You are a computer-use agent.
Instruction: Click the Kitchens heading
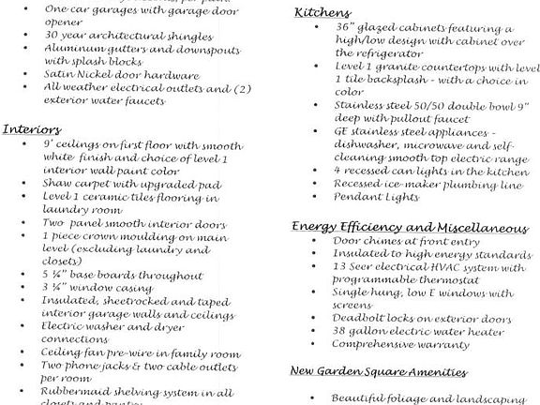pyautogui.click(x=322, y=12)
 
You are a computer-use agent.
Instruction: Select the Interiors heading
pyautogui.click(x=32, y=128)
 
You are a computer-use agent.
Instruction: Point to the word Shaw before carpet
pyautogui.click(x=58, y=185)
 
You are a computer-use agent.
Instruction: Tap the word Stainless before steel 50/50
pyautogui.click(x=361, y=106)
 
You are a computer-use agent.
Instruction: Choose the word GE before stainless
pyautogui.click(x=342, y=133)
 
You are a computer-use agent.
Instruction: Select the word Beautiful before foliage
pyautogui.click(x=362, y=397)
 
